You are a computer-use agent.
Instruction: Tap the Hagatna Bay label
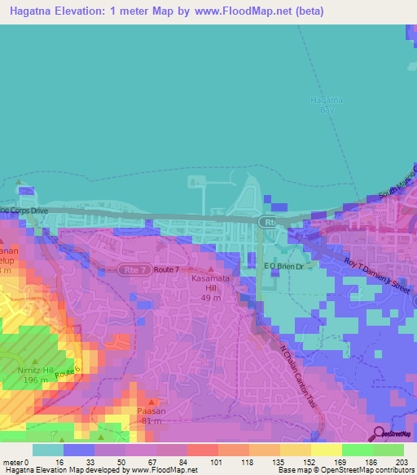tap(323, 104)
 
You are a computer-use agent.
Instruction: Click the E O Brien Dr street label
tap(283, 266)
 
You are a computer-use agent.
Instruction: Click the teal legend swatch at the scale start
tap(47, 450)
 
